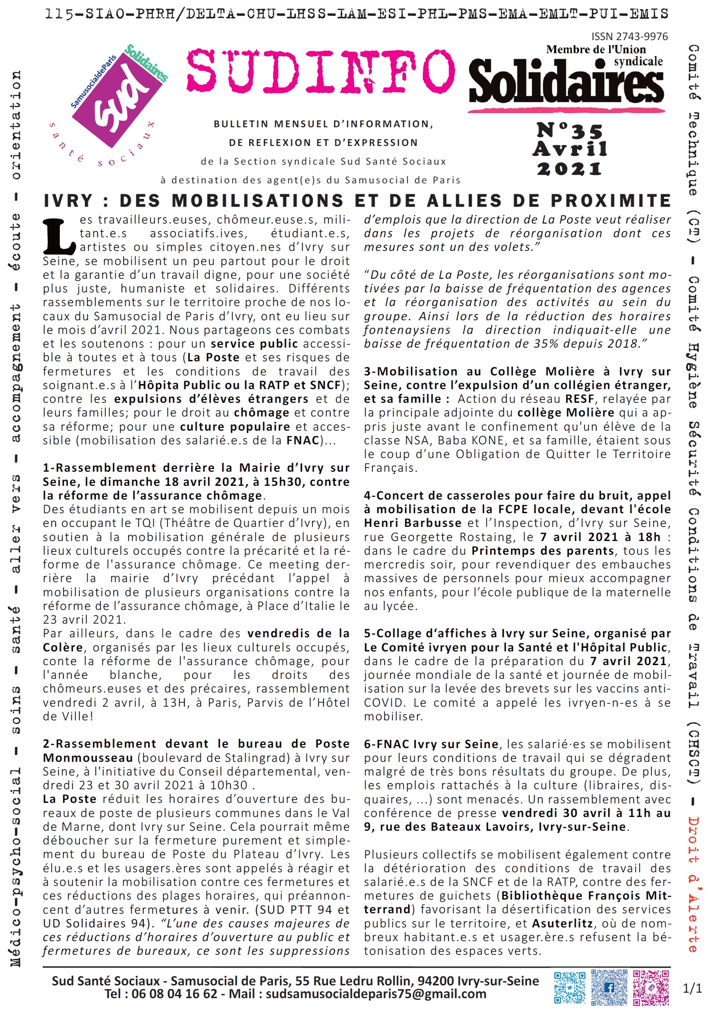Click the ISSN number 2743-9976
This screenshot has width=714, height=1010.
(629, 36)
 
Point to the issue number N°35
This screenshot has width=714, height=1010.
(569, 131)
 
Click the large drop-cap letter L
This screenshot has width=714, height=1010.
(58, 236)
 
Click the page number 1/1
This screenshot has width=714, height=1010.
(692, 988)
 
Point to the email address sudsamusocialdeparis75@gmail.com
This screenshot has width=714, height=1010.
(376, 994)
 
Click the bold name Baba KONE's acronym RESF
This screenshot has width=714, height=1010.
(579, 399)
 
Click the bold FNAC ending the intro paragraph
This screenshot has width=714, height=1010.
(302, 441)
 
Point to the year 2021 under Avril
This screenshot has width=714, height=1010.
(569, 169)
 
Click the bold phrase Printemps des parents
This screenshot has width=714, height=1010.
(542, 551)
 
